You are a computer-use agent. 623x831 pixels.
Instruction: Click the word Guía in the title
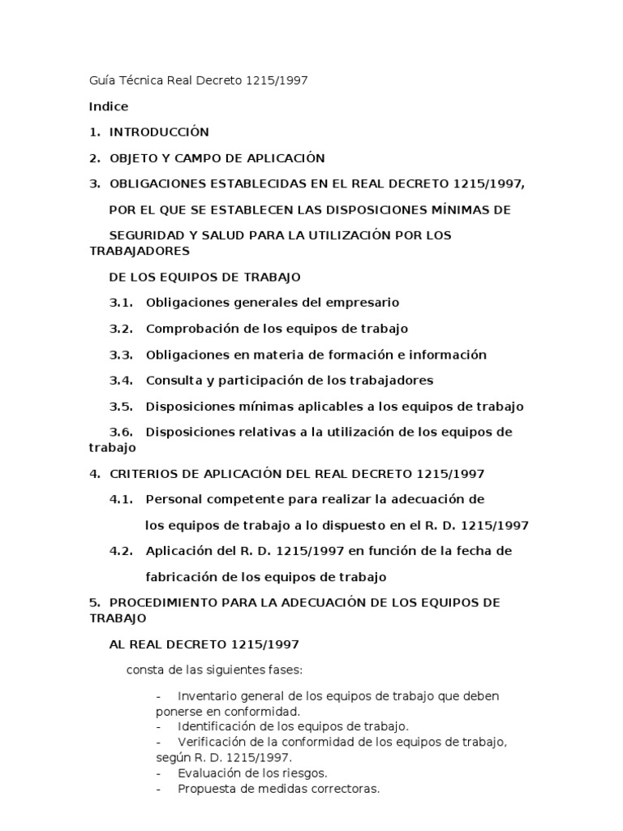point(101,81)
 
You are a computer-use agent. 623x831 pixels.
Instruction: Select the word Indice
point(108,106)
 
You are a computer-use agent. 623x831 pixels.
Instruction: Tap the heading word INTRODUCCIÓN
point(159,131)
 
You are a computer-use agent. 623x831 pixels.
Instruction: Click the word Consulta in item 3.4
point(170,380)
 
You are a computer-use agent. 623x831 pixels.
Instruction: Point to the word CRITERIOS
point(140,473)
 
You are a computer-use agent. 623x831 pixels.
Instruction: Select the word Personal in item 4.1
point(171,499)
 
